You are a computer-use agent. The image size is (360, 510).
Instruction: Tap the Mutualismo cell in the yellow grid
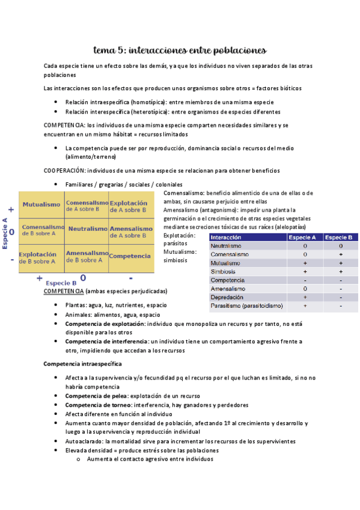coord(41,205)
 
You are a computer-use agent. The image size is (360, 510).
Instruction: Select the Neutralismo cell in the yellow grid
coord(87,229)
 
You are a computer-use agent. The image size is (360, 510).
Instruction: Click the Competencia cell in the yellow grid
coord(130,256)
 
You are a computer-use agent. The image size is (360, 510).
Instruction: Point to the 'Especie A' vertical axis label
coord(5,233)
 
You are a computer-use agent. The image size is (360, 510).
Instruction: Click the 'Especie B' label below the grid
coord(61,283)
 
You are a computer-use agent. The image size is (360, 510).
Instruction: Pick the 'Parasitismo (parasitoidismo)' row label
coord(246,306)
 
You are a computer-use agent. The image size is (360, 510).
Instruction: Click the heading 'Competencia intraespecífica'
coord(83,364)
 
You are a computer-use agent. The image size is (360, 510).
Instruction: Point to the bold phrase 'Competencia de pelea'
coord(96,396)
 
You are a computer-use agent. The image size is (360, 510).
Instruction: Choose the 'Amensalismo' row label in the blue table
coord(227,289)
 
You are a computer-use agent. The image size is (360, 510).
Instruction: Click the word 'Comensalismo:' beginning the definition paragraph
coord(183,193)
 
